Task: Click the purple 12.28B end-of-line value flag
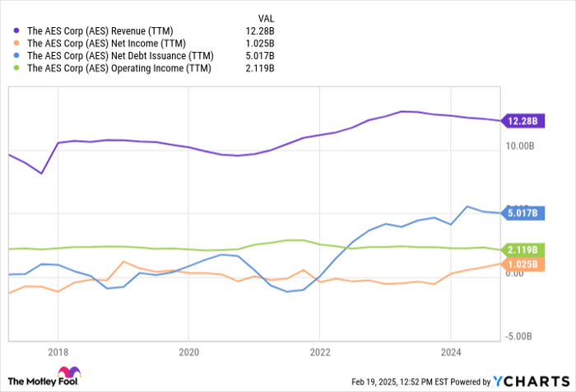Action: pos(523,121)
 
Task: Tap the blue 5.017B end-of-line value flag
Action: pos(523,213)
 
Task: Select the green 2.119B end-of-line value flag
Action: pos(523,250)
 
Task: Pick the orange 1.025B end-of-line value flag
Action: pos(523,264)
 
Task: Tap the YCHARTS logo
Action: pos(531,380)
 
